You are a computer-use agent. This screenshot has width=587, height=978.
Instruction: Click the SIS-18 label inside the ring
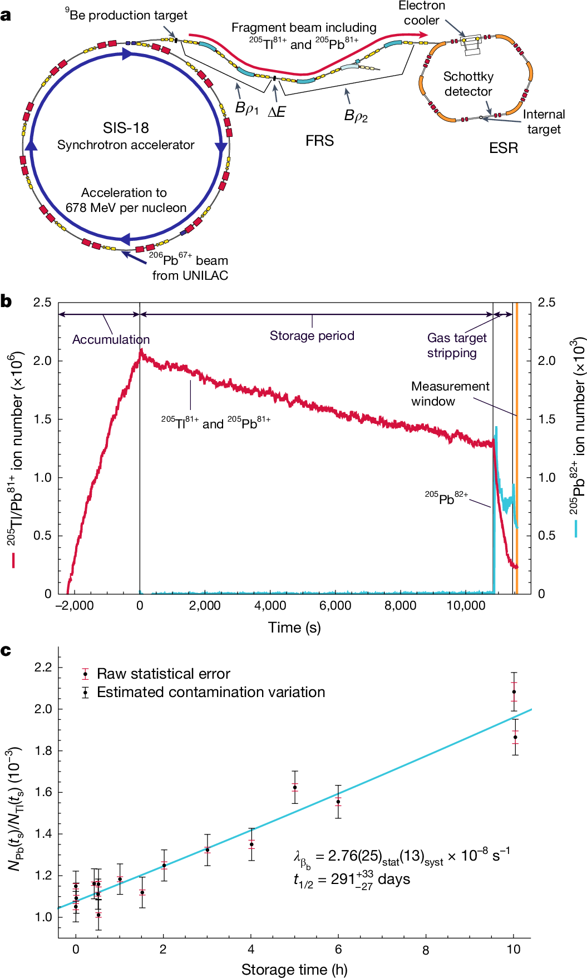[x=126, y=128]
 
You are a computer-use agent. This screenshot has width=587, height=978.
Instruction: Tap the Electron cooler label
[x=422, y=13]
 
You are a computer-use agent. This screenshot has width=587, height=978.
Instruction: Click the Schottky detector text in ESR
[x=468, y=84]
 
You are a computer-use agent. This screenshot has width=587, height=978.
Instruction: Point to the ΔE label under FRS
[x=277, y=112]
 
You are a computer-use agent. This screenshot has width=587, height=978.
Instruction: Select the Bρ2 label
[x=356, y=116]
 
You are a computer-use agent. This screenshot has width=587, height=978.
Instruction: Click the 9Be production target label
[x=126, y=15]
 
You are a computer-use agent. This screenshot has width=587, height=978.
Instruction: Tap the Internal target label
[x=544, y=122]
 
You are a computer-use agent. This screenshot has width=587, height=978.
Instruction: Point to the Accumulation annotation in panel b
[x=111, y=339]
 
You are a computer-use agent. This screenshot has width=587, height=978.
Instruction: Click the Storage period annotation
[x=312, y=335]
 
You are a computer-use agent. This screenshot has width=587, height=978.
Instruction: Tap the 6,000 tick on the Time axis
[x=336, y=605]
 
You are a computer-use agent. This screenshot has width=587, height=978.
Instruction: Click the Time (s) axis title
[x=294, y=628]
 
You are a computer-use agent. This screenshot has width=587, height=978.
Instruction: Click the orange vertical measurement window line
[x=517, y=445]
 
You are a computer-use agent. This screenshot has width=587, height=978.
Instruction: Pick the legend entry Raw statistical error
[x=163, y=674]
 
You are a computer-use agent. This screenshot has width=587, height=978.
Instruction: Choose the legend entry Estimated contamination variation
[x=210, y=692]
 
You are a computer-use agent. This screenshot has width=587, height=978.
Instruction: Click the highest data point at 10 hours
[x=514, y=692]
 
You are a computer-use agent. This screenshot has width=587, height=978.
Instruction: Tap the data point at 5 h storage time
[x=295, y=787]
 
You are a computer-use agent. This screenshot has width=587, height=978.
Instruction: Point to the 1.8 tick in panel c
[x=43, y=750]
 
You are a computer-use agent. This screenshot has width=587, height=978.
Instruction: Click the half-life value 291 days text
[x=352, y=880]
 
